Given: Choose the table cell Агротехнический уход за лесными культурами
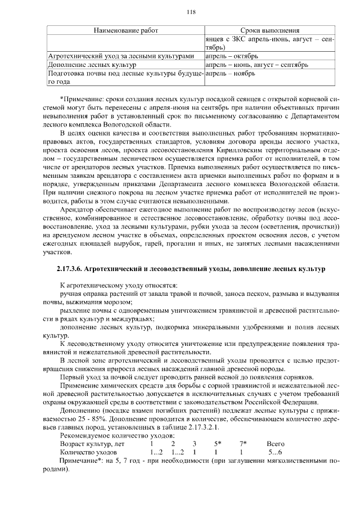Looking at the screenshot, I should point(121,56).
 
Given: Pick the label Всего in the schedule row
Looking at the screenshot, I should point(276,444).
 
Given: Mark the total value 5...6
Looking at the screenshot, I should point(276,452).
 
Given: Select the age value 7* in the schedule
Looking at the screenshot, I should point(242,444).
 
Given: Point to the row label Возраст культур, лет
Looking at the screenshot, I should point(92,444).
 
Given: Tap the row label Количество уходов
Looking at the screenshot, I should point(88,452).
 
